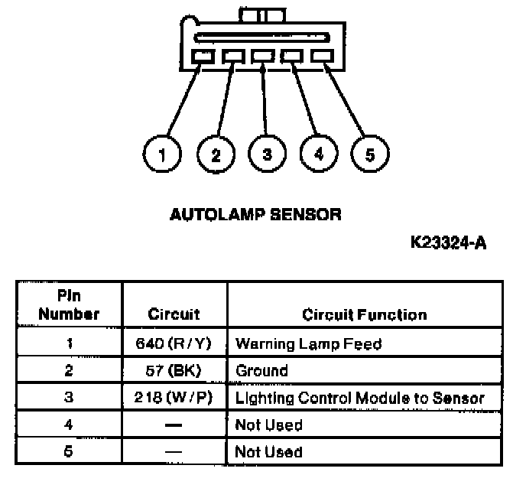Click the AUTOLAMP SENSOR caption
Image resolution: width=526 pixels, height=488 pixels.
tap(255, 214)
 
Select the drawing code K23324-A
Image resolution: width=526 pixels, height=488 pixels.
tap(449, 243)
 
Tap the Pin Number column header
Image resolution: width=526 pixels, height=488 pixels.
tap(70, 304)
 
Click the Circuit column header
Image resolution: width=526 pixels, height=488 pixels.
tap(174, 314)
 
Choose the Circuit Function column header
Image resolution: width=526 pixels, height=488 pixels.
tap(365, 314)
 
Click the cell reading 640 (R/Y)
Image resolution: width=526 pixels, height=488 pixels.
tap(174, 343)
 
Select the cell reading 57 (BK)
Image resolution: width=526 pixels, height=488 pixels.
tap(174, 371)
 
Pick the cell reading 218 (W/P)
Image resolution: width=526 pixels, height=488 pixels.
tap(174, 398)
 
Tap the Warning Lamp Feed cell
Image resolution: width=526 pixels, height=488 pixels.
tap(308, 343)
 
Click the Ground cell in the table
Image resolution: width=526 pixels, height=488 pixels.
tap(261, 371)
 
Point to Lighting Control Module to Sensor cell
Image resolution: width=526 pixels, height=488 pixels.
tap(359, 398)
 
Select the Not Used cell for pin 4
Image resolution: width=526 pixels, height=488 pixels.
tap(268, 425)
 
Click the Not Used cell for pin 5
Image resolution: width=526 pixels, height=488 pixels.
tap(268, 451)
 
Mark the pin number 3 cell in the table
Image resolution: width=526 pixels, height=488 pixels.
tap(70, 398)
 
